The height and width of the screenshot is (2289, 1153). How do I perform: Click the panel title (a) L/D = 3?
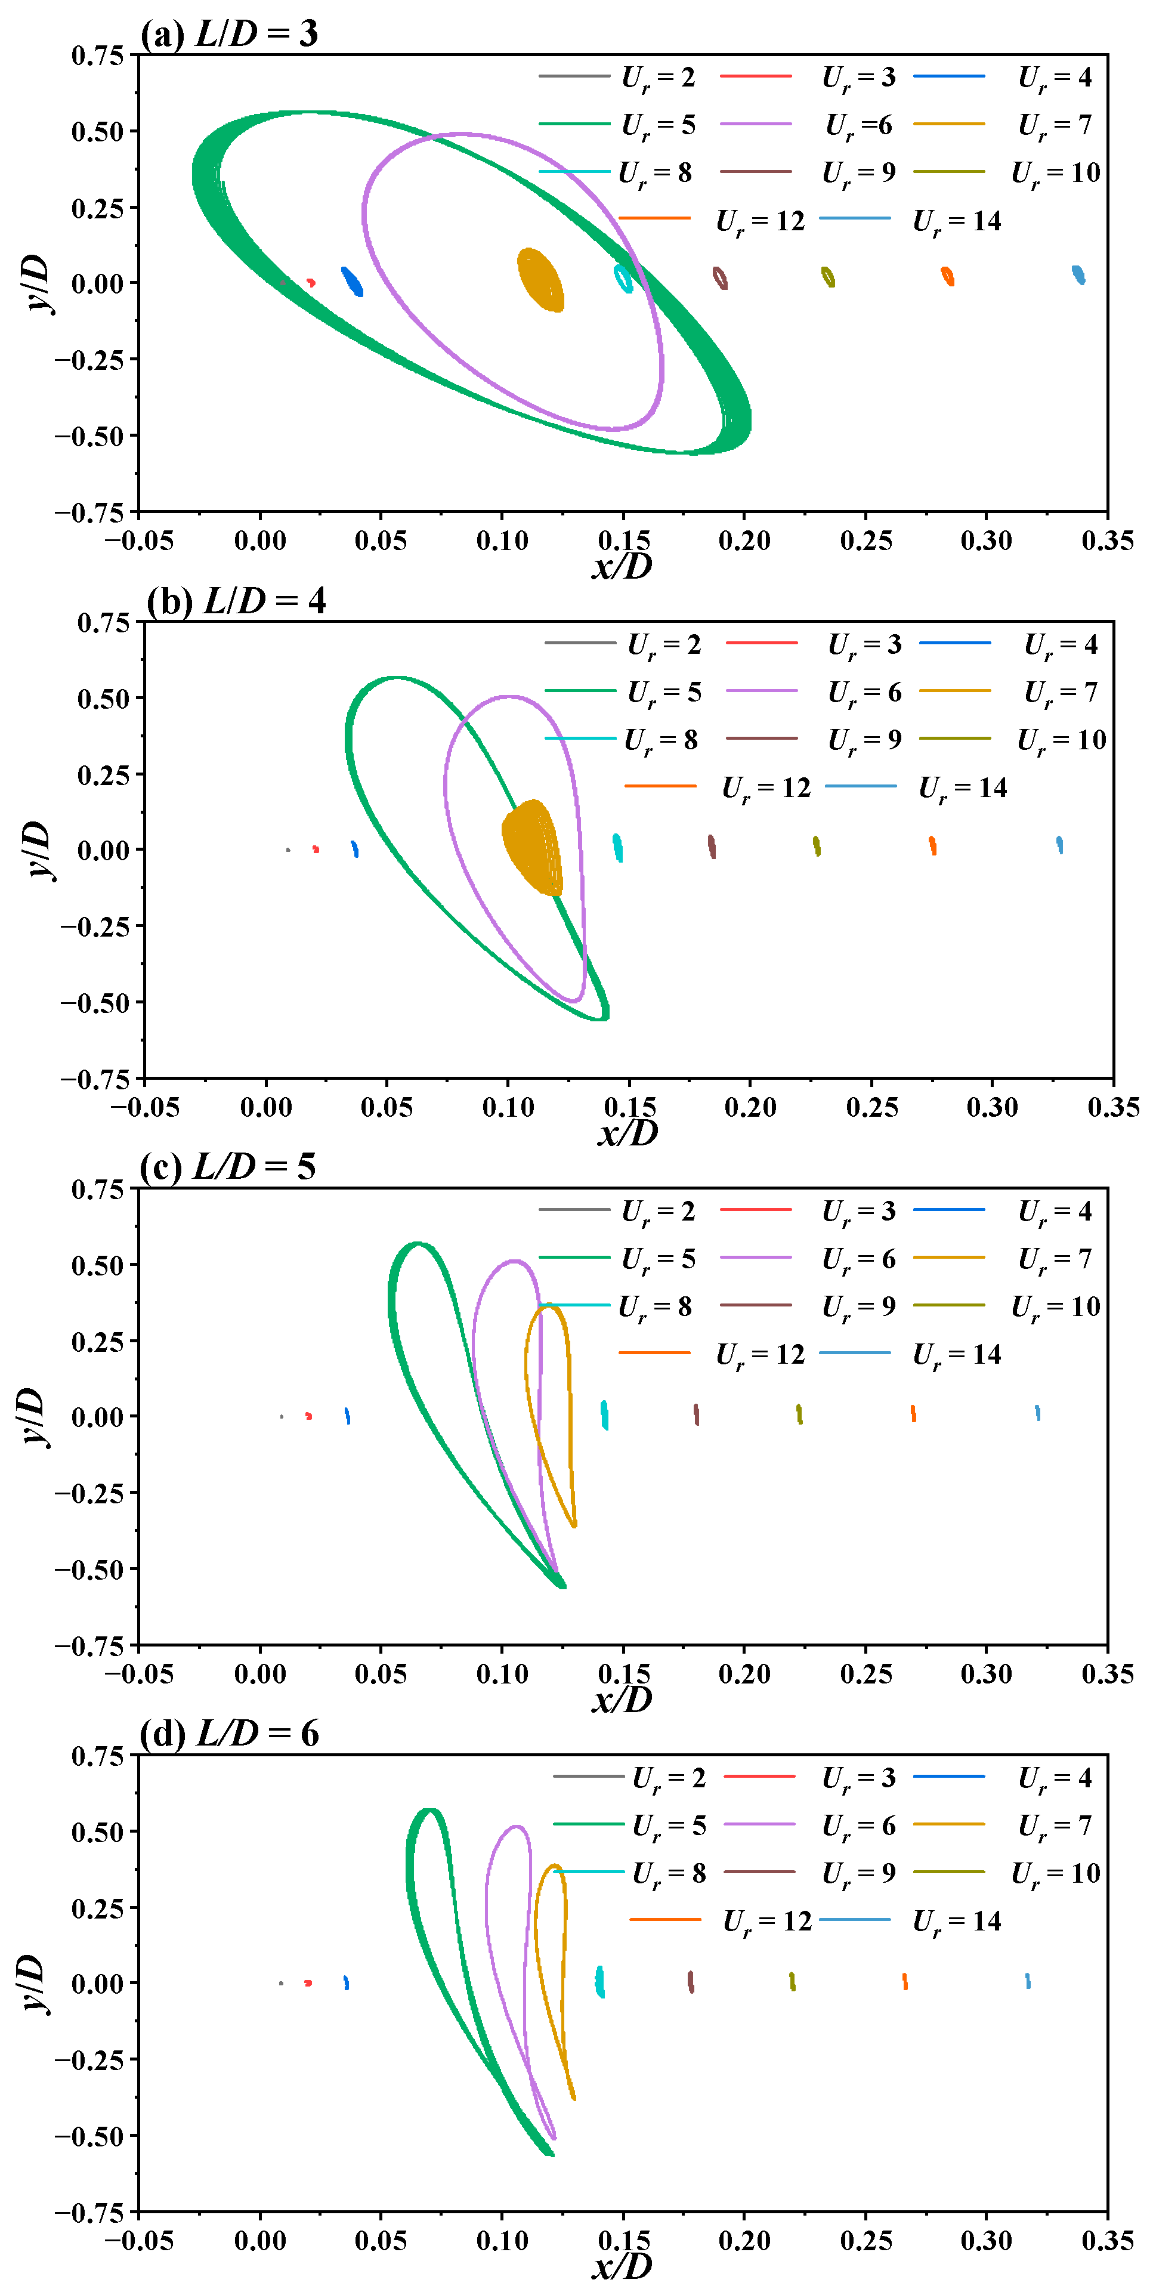coord(229,34)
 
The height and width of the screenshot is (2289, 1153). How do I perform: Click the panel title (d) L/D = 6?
coord(229,1734)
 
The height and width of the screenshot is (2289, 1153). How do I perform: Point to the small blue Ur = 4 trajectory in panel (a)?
coord(353,282)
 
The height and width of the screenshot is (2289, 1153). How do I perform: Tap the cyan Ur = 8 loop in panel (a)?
coord(625,278)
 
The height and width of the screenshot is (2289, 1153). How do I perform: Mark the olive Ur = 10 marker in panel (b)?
coord(817,846)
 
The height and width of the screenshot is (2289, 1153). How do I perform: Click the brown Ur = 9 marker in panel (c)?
coord(697,1414)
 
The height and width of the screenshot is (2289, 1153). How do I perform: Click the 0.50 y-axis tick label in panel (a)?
coord(98,131)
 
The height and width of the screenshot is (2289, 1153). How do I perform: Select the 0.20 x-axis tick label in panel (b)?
coord(750,1107)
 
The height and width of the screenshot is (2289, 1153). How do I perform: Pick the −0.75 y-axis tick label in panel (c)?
coord(89,1645)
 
